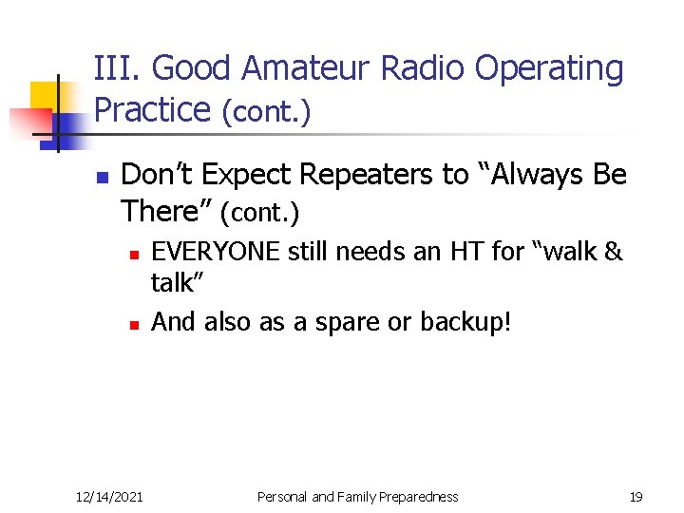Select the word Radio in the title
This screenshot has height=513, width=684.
point(423,68)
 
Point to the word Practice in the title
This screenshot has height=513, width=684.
point(152,109)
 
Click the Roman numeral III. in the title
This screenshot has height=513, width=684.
point(118,68)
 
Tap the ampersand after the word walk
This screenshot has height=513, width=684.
point(613,252)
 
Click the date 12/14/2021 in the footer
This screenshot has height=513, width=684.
point(109,496)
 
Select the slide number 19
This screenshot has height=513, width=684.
point(636,496)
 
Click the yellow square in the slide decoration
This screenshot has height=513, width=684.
point(44,97)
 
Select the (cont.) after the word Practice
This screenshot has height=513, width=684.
point(266,112)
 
